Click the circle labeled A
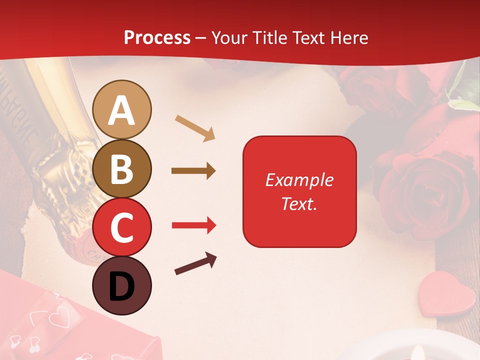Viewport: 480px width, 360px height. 122,109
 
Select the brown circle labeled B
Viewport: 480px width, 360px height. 122,168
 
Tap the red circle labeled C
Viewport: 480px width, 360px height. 122,227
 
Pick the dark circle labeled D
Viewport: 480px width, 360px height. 122,285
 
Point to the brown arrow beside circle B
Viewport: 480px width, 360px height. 193,171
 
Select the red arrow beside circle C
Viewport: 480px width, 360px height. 194,225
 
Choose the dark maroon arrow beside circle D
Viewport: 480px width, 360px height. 195,264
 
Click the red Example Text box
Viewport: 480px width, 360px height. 299,191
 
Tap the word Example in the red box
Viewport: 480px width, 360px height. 299,180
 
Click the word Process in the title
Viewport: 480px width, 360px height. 157,38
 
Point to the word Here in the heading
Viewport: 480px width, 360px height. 349,38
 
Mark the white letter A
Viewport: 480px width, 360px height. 122,110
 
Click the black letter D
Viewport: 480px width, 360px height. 122,286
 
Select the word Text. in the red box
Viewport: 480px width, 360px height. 299,203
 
